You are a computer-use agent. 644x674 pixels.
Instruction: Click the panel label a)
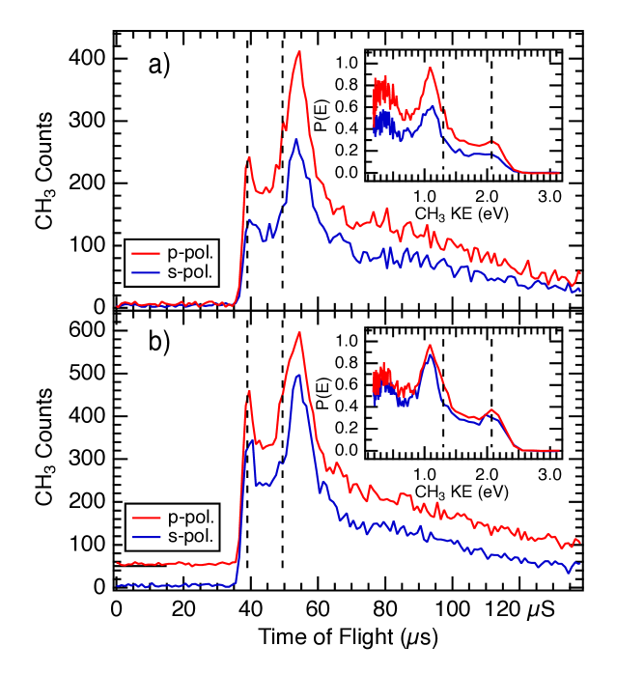(158, 66)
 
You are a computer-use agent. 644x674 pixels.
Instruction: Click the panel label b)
(158, 343)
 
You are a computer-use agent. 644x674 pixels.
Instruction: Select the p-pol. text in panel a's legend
(190, 253)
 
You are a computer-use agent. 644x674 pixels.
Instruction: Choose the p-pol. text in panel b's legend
(190, 517)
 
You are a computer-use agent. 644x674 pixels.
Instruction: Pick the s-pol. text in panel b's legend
(190, 536)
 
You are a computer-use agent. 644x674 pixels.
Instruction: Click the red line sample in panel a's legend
(146, 253)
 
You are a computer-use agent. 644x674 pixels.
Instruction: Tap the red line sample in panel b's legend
(146, 517)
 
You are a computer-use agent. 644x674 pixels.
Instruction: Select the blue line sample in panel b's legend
(146, 537)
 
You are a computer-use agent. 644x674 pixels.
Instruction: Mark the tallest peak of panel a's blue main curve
(296, 139)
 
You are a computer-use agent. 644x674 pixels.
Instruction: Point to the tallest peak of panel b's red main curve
(299, 332)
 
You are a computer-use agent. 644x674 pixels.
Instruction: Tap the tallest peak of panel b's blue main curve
(298, 374)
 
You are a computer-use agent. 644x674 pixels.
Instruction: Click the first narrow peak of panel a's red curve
(248, 156)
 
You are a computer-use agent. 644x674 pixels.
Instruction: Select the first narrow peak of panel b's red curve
(249, 391)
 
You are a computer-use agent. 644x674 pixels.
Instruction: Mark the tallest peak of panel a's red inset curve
(430, 69)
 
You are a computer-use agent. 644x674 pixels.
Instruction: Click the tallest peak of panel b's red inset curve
(430, 347)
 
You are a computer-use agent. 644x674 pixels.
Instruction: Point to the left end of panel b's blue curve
(118, 585)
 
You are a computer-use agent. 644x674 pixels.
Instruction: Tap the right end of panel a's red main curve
(579, 272)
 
